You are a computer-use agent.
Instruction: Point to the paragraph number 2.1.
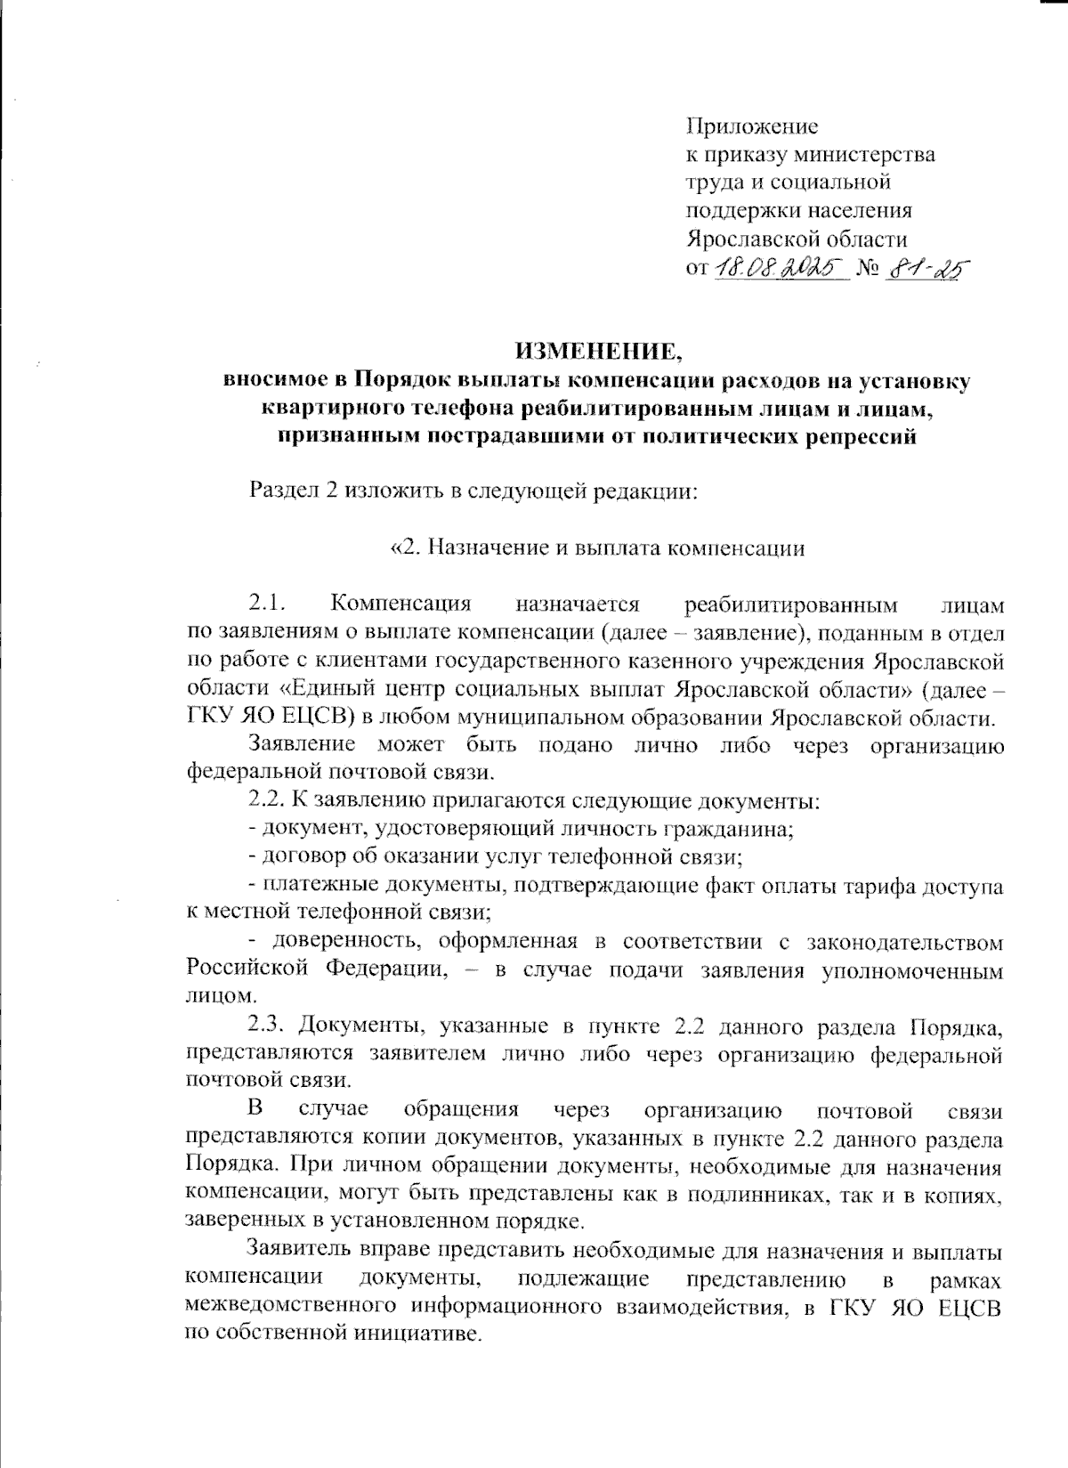click(x=266, y=604)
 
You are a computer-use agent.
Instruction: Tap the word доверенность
click(x=337, y=942)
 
